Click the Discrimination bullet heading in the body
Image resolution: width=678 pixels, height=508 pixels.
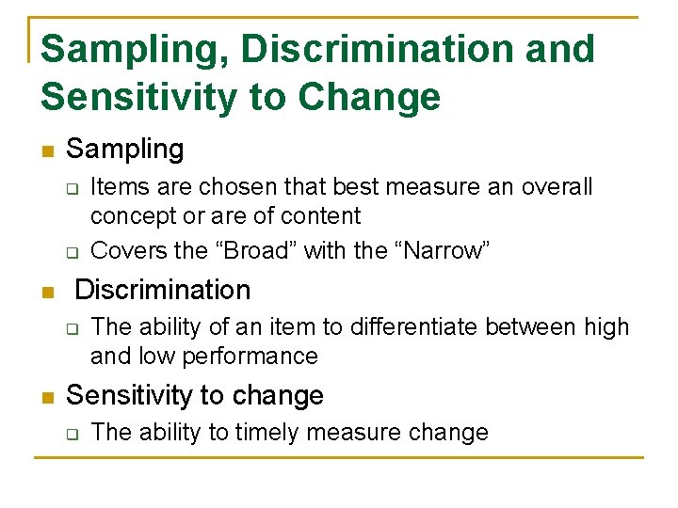(162, 290)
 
